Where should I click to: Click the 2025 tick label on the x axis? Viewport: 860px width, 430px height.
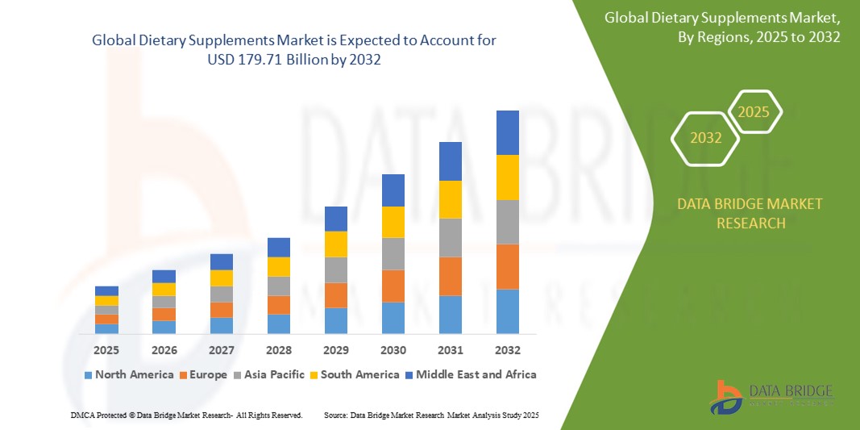point(106,350)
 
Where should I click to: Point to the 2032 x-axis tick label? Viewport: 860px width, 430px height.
point(508,350)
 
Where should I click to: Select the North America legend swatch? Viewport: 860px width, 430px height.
point(88,375)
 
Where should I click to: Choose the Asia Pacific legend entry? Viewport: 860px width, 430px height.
point(271,374)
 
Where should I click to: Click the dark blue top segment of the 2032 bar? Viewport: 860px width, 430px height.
point(508,132)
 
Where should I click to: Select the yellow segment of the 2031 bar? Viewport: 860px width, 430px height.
point(451,199)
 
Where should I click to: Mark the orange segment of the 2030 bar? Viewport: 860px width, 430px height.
point(393,286)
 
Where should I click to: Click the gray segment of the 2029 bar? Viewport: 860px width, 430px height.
point(335,269)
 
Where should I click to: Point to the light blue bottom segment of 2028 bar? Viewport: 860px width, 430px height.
point(278,324)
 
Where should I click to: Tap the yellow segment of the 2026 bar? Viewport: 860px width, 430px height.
point(164,289)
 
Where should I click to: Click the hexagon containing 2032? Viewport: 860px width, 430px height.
point(706,138)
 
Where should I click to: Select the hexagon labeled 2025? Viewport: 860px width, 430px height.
point(754,112)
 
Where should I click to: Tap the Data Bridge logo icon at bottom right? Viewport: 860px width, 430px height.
point(726,397)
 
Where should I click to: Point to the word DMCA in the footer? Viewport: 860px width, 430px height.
point(81,415)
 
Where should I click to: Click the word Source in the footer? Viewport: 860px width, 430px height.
point(335,415)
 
